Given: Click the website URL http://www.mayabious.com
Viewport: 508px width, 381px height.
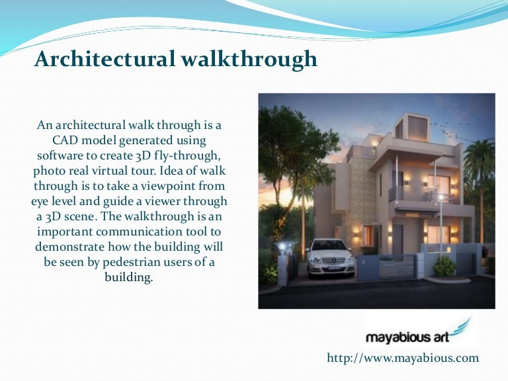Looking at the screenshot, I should [403, 358].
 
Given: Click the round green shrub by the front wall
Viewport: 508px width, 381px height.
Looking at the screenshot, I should [444, 266].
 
